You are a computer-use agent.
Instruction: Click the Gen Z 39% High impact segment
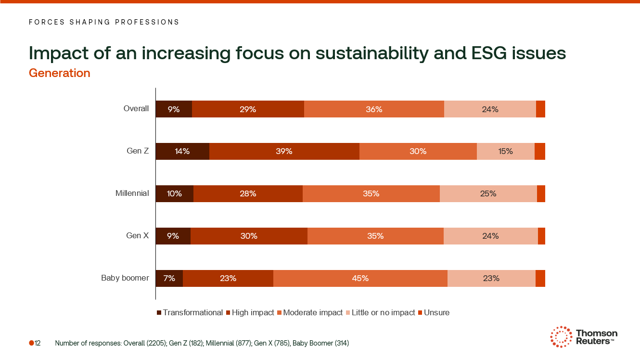coord(284,151)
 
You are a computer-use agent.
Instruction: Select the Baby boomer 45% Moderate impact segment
coord(360,278)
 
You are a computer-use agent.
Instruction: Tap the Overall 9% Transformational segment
coord(174,109)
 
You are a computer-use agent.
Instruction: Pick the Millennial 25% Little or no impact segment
coord(488,193)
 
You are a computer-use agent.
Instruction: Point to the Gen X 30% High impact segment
coord(249,236)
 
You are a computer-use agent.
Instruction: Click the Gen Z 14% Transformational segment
coord(182,151)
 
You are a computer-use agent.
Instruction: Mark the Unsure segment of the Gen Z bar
coord(539,151)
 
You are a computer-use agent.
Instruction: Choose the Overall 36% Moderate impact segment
coord(374,109)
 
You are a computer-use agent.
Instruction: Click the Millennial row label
coord(132,193)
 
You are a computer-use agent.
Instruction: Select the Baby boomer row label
coord(125,278)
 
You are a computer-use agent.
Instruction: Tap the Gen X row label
coord(137,236)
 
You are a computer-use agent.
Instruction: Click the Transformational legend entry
coord(190,313)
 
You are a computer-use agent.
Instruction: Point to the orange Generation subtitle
coord(60,73)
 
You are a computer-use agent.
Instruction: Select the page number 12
coord(37,343)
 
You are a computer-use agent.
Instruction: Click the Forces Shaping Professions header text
coord(104,22)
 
